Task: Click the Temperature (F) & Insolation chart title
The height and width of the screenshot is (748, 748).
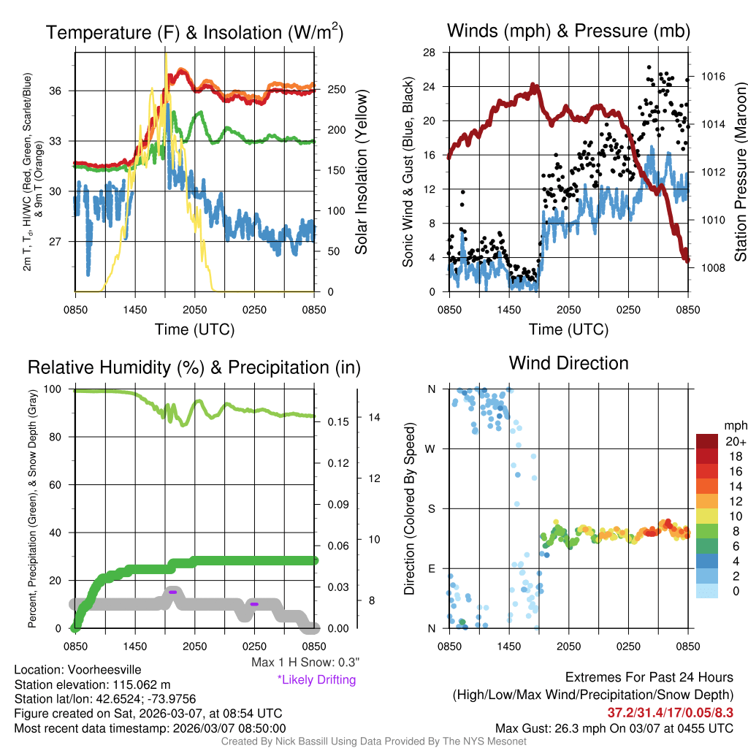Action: pos(194,33)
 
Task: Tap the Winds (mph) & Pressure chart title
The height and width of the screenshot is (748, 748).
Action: pos(568,31)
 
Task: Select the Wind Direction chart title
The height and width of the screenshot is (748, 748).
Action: pos(568,363)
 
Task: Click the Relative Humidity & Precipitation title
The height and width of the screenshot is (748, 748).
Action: pos(194,367)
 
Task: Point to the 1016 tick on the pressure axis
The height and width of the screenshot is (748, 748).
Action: pos(711,77)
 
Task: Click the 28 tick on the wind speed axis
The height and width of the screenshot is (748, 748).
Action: pos(430,53)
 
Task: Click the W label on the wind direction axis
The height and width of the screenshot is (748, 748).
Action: pos(431,449)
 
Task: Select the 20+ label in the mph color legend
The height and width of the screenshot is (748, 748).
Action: pos(735,442)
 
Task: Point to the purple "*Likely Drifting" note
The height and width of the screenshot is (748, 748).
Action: pos(316,679)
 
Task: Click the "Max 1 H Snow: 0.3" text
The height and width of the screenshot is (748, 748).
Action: pos(305,663)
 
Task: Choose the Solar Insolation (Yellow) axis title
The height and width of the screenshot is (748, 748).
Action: pos(361,172)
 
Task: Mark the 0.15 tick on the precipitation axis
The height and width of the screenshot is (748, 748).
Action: pos(336,421)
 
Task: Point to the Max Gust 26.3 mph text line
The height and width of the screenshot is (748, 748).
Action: pos(614,728)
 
